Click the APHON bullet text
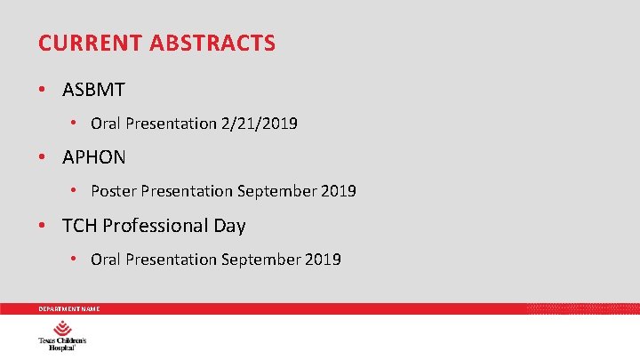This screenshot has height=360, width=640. pos(94,158)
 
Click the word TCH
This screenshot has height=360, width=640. pos(78,226)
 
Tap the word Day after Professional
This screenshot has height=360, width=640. pos(229,226)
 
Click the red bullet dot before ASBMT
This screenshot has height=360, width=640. pos(43,90)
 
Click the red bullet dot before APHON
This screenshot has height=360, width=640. pos(43,158)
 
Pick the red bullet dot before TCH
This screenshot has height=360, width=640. pos(43,226)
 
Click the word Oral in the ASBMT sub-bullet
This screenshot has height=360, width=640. pos(106,124)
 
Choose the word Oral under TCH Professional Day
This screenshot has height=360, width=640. pos(106,260)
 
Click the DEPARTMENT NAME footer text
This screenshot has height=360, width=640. pos(68,308)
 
